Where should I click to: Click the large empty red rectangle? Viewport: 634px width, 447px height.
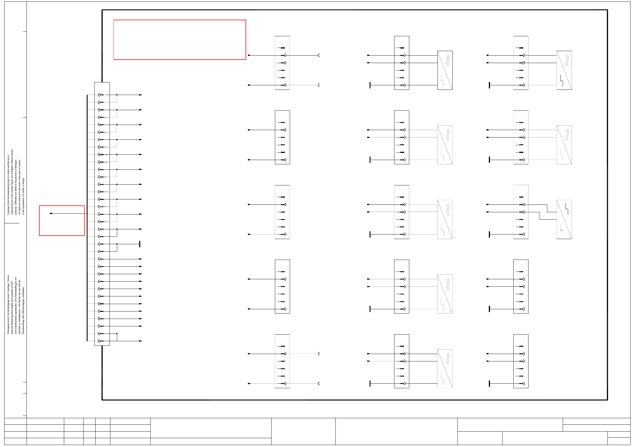pyautogui.click(x=179, y=40)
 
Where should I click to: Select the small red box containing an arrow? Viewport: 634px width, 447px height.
pyautogui.click(x=62, y=221)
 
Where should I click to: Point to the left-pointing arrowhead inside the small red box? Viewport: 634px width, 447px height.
pyautogui.click(x=50, y=213)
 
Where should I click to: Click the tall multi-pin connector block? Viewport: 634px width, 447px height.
pyautogui.click(x=102, y=214)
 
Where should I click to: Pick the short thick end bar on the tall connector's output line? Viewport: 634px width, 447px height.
pyautogui.click(x=139, y=244)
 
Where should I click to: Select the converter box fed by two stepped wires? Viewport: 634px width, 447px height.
pyautogui.click(x=564, y=219)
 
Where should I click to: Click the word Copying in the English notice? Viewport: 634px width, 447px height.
pyautogui.click(x=8, y=210)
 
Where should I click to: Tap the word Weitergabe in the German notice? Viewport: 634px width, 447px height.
pyautogui.click(x=8, y=328)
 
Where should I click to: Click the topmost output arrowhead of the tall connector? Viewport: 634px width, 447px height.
pyautogui.click(x=141, y=95)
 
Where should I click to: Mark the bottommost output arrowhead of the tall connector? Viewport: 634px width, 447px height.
pyautogui.click(x=141, y=341)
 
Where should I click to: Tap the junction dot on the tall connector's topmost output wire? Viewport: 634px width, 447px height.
pyautogui.click(x=117, y=95)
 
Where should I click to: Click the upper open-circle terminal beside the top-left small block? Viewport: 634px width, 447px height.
pyautogui.click(x=319, y=55)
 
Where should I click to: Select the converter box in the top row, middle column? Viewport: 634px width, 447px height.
pyautogui.click(x=445, y=70)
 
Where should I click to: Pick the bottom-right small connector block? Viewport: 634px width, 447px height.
pyautogui.click(x=520, y=361)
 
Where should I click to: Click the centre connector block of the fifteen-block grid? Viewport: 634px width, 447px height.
pyautogui.click(x=401, y=212)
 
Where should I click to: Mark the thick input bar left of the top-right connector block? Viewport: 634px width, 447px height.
pyautogui.click(x=489, y=85)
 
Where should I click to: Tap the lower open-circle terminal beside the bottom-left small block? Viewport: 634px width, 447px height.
pyautogui.click(x=319, y=383)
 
